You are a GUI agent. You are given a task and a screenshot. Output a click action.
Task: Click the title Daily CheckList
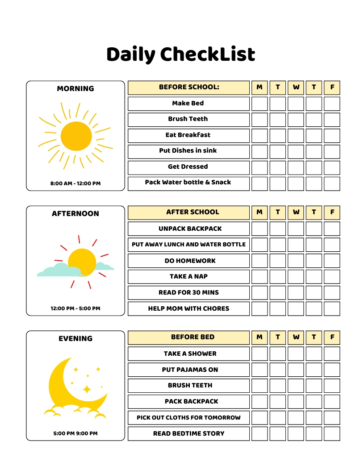coord(180,54)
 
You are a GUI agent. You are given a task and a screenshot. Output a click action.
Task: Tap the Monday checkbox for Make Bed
coord(260,104)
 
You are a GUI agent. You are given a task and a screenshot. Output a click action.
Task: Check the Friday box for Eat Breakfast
coord(332,135)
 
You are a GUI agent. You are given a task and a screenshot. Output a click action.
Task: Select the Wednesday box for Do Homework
coord(296,261)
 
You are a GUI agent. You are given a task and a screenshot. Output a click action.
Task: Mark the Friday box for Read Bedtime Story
coord(332,433)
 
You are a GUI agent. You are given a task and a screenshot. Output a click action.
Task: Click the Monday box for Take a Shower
coord(260,354)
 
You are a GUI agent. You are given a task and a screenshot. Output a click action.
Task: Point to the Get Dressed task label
coord(188,167)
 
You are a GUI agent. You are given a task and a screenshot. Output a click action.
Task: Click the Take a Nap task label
coord(188,277)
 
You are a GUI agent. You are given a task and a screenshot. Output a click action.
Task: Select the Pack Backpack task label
coord(192,402)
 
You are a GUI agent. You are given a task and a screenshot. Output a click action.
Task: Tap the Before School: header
coord(189,87)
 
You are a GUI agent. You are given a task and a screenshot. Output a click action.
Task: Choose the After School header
coord(193,212)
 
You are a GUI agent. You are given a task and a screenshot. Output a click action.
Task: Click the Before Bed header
coord(193,337)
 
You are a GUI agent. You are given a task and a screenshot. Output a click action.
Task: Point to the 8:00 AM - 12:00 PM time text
coord(75,183)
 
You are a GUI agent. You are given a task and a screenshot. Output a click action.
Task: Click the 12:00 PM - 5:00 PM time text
coord(75,308)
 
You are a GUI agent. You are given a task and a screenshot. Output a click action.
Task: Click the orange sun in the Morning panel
coord(76,136)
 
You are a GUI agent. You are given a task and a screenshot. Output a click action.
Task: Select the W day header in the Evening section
coord(296,337)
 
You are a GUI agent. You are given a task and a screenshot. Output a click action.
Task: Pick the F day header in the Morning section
coord(332,87)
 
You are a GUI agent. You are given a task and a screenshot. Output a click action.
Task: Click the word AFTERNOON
coord(75,214)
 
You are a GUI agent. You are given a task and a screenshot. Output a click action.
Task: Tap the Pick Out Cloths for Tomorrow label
coord(188,418)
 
